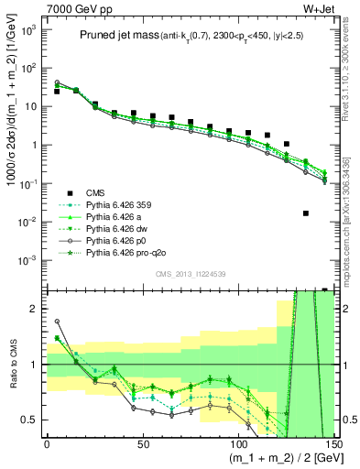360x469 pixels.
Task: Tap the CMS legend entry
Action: pos(95,194)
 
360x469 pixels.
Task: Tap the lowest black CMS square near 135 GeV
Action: pos(305,213)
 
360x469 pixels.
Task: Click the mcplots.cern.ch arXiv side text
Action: pos(352,183)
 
